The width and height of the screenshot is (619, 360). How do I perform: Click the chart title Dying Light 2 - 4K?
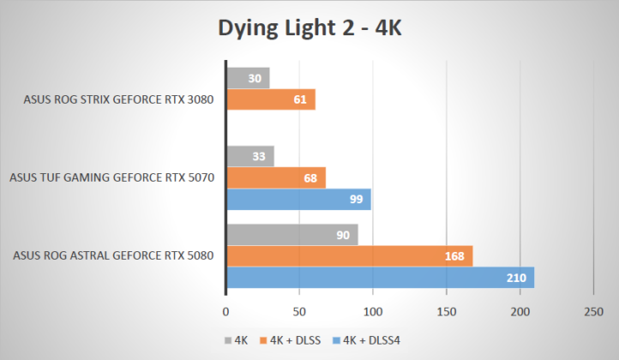tap(309, 28)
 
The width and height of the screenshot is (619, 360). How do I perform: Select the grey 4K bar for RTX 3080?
tap(248, 78)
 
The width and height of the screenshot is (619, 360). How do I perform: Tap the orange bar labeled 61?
tap(270, 99)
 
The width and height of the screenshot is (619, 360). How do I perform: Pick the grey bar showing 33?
tap(249, 156)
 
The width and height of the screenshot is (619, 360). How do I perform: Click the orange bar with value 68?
tap(275, 177)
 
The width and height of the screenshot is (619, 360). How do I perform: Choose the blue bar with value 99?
tap(298, 200)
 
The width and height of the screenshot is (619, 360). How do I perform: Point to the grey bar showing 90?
tap(291, 235)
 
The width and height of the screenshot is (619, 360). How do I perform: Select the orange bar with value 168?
tap(349, 256)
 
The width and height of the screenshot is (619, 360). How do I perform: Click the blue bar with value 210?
tap(380, 278)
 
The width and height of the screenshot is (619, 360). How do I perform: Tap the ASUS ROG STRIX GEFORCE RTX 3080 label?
tap(118, 99)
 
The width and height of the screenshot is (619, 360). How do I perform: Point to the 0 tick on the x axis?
tap(225, 311)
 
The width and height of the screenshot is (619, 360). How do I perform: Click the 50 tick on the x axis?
tap(299, 311)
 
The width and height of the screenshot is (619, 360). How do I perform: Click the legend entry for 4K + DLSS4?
tap(371, 339)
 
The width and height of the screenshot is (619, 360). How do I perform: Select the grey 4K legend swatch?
tap(227, 340)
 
